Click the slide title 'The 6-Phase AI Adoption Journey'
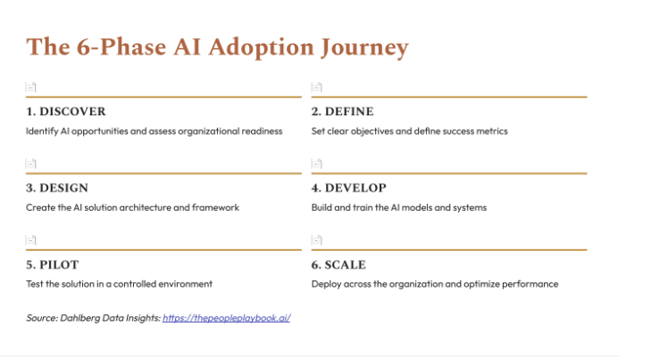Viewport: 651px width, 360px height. [x=217, y=47]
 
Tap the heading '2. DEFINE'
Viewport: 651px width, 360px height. [x=342, y=112]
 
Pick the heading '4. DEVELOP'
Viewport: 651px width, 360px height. [x=348, y=188]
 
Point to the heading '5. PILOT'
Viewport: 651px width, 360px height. [x=54, y=265]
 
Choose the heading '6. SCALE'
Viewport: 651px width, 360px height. [x=338, y=265]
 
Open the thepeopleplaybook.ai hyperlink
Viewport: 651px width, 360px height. [x=226, y=317]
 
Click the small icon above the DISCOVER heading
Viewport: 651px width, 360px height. [x=31, y=88]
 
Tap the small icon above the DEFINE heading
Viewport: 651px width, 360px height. [x=317, y=88]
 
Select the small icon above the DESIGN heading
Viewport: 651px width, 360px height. [x=31, y=164]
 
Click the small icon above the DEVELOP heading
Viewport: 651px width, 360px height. [x=317, y=164]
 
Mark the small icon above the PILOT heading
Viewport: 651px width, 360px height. [x=31, y=240]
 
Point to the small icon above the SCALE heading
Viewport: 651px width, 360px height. [x=317, y=240]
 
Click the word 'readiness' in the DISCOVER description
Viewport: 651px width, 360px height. [x=262, y=131]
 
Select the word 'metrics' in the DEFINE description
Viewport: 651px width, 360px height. [x=492, y=131]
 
